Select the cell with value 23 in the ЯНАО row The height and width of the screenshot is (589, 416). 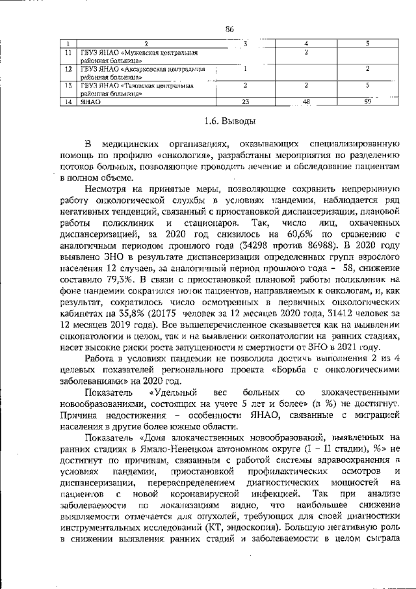pos(245,102)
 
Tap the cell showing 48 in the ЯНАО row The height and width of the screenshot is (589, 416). pos(306,102)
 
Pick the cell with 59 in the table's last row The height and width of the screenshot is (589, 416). pos(367,102)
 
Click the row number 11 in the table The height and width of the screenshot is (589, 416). pos(68,52)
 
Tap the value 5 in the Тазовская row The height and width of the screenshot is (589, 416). pos(367,85)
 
